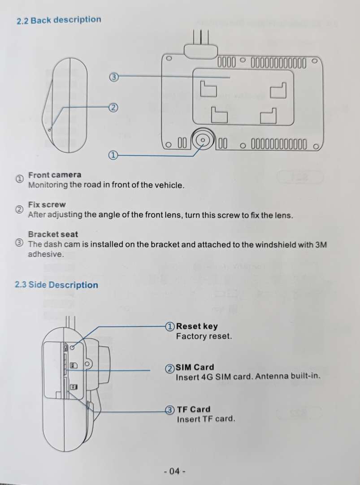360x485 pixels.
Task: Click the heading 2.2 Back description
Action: point(59,20)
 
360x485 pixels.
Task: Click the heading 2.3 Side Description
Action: point(56,285)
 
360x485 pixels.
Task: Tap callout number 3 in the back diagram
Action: point(114,77)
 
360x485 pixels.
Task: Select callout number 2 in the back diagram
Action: point(114,108)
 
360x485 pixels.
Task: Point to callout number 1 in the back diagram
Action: point(113,155)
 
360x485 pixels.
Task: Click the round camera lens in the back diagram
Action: point(203,140)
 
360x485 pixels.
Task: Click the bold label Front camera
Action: point(55,175)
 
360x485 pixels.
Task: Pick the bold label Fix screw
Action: point(47,205)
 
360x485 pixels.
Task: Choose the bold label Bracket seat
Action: point(53,234)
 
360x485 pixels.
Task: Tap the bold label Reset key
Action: point(197,326)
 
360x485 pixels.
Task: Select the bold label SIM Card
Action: point(195,367)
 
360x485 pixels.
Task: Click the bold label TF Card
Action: point(194,409)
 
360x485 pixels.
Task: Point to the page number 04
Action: point(175,471)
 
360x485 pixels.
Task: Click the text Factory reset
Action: point(204,336)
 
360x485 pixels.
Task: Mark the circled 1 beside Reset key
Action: point(170,326)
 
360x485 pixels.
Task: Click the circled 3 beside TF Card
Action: point(170,410)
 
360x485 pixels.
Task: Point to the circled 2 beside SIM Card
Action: point(170,368)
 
